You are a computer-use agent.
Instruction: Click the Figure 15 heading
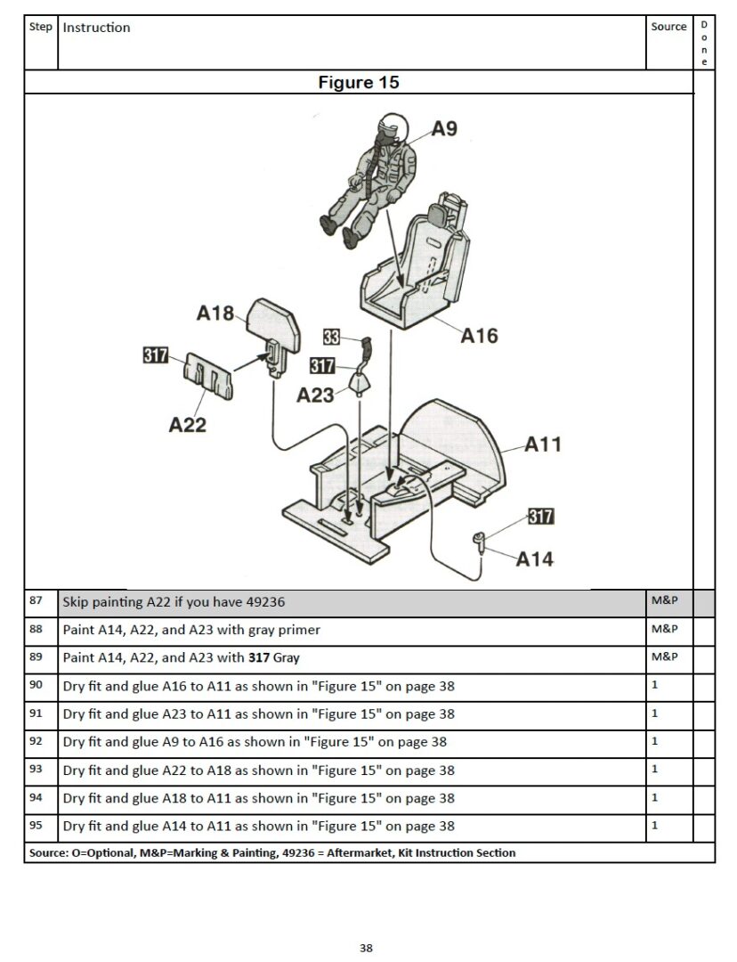click(359, 83)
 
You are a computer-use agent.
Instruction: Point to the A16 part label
click(479, 336)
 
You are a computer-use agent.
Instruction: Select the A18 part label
click(215, 314)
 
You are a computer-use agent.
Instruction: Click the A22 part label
click(187, 425)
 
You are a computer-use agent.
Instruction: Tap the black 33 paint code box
click(331, 337)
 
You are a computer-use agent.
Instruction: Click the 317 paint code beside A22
click(156, 355)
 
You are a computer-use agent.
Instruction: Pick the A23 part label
click(315, 395)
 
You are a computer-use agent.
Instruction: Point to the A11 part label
click(543, 443)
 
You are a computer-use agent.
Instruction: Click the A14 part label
click(535, 559)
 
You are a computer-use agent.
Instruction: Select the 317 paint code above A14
click(540, 517)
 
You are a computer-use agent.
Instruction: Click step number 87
click(36, 601)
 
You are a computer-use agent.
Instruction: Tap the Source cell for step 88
click(665, 629)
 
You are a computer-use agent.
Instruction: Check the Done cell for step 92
click(703, 741)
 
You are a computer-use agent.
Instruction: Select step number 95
click(36, 825)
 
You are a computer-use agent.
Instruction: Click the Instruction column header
click(96, 28)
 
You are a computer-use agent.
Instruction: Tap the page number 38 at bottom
click(366, 948)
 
